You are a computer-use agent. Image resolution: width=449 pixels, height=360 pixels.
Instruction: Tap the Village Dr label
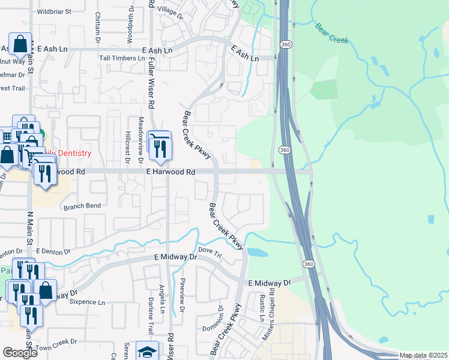pos(170,12)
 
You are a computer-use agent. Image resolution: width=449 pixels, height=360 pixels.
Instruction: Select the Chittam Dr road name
pos(98,27)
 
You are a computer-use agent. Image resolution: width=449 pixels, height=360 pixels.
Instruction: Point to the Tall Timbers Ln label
pos(122,58)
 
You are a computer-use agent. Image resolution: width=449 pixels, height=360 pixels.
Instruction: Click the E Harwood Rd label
pos(171,172)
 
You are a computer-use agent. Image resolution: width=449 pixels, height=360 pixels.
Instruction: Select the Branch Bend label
pos(82,206)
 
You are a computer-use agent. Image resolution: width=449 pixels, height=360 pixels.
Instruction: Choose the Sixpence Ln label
pos(95,302)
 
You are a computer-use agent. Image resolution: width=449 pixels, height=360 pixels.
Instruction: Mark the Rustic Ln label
pos(262,307)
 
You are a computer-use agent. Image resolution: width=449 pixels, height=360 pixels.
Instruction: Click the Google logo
pos(20,353)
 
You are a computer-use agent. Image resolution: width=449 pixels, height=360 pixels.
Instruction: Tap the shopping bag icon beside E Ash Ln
pos(20,44)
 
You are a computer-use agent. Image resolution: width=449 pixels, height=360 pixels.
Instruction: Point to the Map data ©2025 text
pos(423,356)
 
